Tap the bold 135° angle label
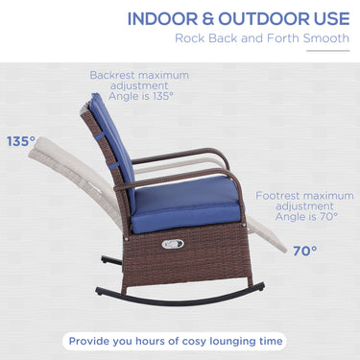click(20, 140)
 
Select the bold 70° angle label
click(305, 251)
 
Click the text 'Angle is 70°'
click(300, 218)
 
